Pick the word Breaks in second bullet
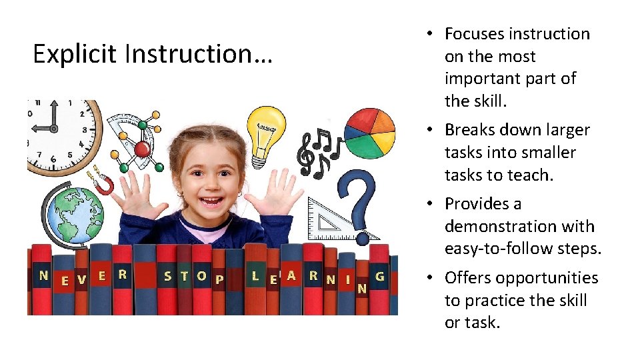tap(470, 129)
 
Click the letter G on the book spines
tap(380, 275)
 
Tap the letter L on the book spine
tap(255, 275)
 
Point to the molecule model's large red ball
tap(142, 148)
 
